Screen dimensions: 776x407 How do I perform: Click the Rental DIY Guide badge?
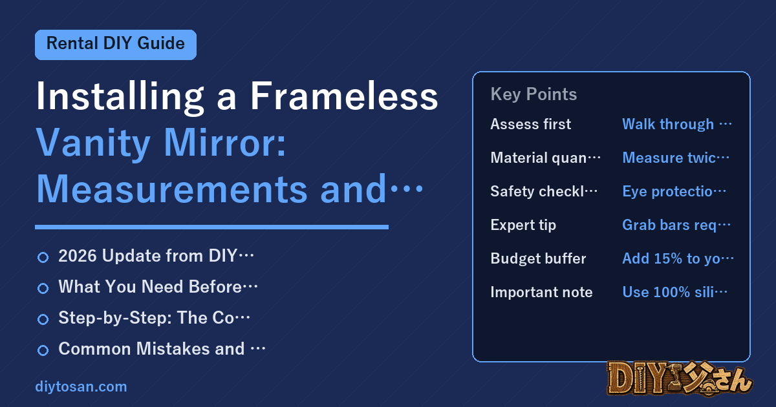tap(116, 45)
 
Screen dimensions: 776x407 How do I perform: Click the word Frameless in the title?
tap(344, 96)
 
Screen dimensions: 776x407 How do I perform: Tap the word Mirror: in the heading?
tap(224, 143)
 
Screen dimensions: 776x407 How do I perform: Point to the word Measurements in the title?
tap(172, 189)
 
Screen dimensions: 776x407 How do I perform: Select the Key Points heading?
tap(533, 94)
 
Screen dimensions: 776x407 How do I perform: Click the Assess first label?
tap(531, 124)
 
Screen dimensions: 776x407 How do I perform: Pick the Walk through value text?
tap(676, 124)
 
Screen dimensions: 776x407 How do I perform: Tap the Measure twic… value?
tap(676, 158)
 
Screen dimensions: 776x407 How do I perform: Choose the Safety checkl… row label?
tap(544, 191)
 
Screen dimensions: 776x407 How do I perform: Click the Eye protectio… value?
tap(674, 191)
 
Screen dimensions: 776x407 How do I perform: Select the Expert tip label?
tap(523, 225)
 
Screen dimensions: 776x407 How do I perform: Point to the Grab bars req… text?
tap(676, 225)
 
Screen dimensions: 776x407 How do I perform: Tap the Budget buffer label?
tap(538, 258)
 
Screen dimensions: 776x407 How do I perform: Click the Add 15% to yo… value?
tap(678, 258)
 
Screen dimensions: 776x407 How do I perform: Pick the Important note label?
tap(541, 292)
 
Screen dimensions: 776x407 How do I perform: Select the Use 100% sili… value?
tap(675, 292)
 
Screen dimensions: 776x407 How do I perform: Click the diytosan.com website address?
tap(81, 386)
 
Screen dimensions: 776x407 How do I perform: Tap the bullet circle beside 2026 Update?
tap(43, 258)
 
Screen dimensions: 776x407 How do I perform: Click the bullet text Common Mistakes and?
tap(151, 348)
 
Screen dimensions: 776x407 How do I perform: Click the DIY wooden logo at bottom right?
tap(680, 379)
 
